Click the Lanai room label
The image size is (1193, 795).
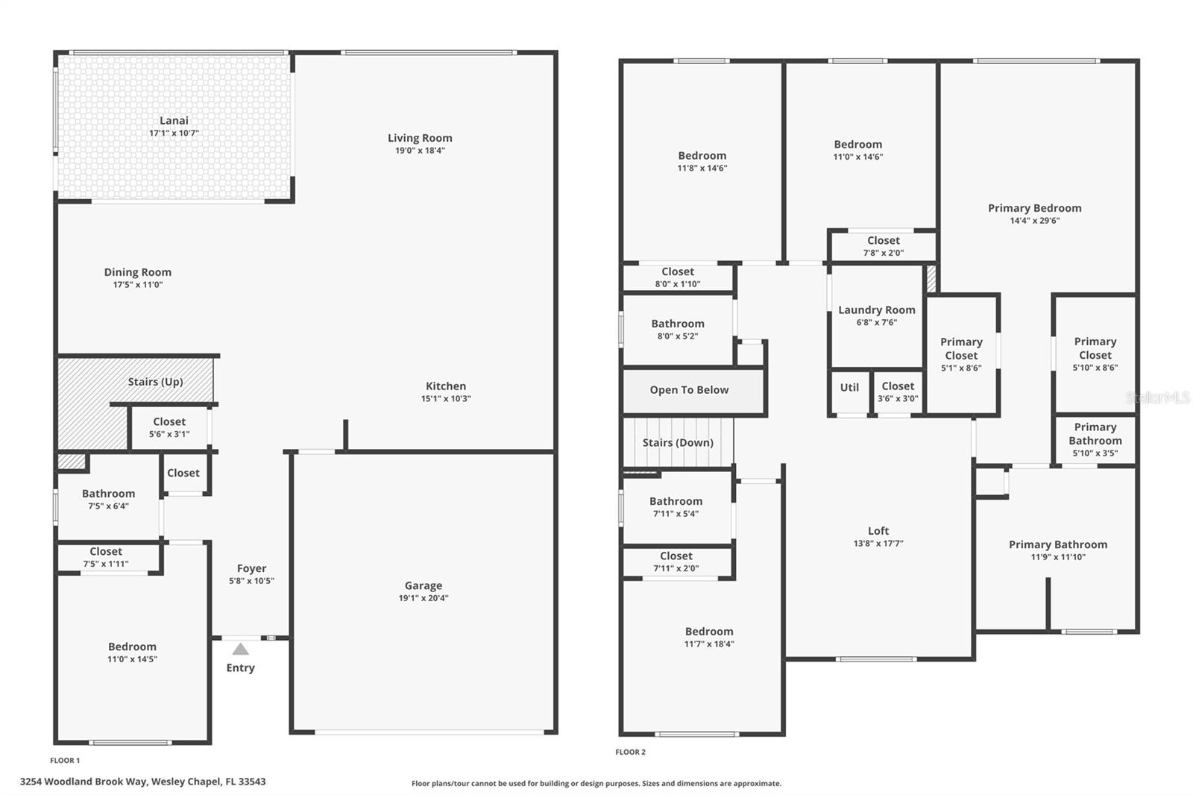pyautogui.click(x=174, y=121)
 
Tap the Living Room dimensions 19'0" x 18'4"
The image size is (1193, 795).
pyautogui.click(x=420, y=151)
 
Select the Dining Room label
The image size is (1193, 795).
pyautogui.click(x=137, y=272)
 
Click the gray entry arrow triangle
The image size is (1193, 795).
pyautogui.click(x=240, y=649)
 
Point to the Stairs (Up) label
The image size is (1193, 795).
pyautogui.click(x=155, y=382)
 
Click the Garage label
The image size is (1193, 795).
pyautogui.click(x=424, y=585)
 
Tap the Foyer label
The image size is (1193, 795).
pyautogui.click(x=251, y=568)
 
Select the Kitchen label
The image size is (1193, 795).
pyautogui.click(x=446, y=386)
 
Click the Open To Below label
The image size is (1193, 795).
pyautogui.click(x=689, y=390)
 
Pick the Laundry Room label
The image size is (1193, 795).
pyautogui.click(x=877, y=310)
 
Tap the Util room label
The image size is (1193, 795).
pyautogui.click(x=849, y=387)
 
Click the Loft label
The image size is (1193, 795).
pyautogui.click(x=878, y=531)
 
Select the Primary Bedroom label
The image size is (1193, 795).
pyautogui.click(x=1034, y=208)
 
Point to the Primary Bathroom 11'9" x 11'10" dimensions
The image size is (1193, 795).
pyautogui.click(x=1058, y=557)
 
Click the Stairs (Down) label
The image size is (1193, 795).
pyautogui.click(x=678, y=443)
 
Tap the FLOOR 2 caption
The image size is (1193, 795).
pyautogui.click(x=630, y=752)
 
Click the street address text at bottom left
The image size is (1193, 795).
pyautogui.click(x=142, y=782)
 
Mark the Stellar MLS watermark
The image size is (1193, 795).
pyautogui.click(x=1157, y=398)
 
